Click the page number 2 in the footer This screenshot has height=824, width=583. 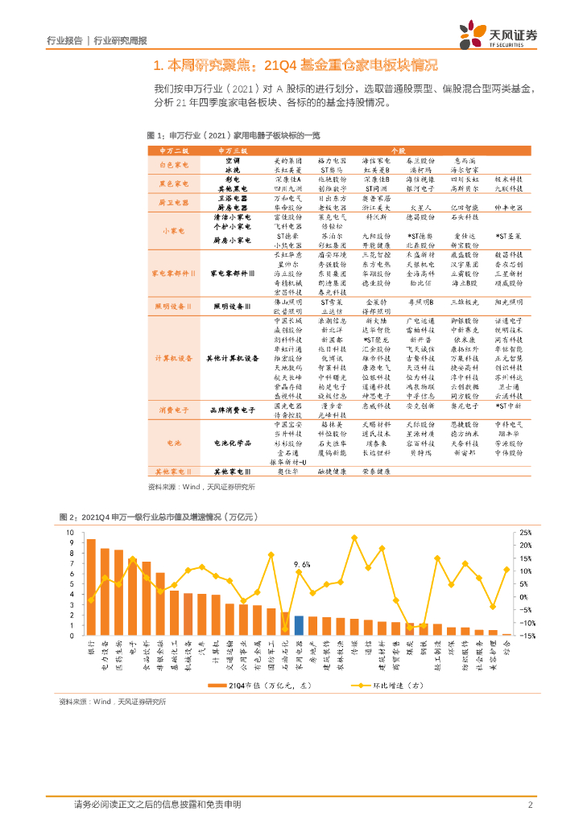(531, 805)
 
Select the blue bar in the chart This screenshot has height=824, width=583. (298, 625)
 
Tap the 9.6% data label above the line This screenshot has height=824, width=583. (302, 564)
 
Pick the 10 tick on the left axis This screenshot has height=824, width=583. (70, 533)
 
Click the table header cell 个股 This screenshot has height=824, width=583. (397, 150)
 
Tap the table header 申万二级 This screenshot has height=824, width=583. (174, 150)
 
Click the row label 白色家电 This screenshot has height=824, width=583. (174, 165)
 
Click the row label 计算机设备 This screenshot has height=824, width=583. (174, 357)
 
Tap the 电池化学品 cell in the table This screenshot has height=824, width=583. (233, 442)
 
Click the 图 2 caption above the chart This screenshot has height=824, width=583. (145, 516)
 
